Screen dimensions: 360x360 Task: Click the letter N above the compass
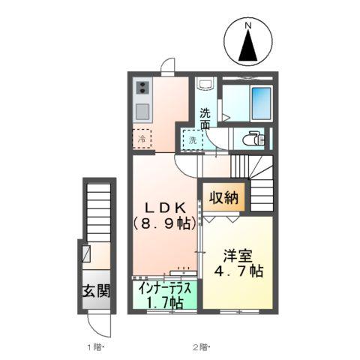[247, 25]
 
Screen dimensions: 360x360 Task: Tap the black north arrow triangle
[247, 46]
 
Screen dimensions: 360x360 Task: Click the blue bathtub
[261, 103]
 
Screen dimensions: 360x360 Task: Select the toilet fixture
[253, 138]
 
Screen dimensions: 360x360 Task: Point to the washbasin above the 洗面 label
[205, 83]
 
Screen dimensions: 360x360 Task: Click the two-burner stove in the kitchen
[142, 88]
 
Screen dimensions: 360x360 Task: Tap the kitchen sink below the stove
[142, 112]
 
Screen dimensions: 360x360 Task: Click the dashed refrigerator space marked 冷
[142, 139]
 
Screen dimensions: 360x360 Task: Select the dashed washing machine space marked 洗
[193, 140]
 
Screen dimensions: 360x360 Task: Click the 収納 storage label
[223, 198]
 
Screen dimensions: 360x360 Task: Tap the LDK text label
[165, 208]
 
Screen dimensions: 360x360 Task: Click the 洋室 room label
[238, 256]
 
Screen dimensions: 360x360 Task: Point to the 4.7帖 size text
[238, 271]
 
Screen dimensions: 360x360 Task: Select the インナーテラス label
[165, 289]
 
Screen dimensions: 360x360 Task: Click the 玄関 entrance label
[97, 291]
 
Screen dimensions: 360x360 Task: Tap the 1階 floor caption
[94, 347]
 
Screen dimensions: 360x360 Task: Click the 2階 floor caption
[201, 347]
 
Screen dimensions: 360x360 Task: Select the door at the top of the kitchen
[168, 65]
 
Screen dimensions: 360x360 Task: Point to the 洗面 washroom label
[205, 118]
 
